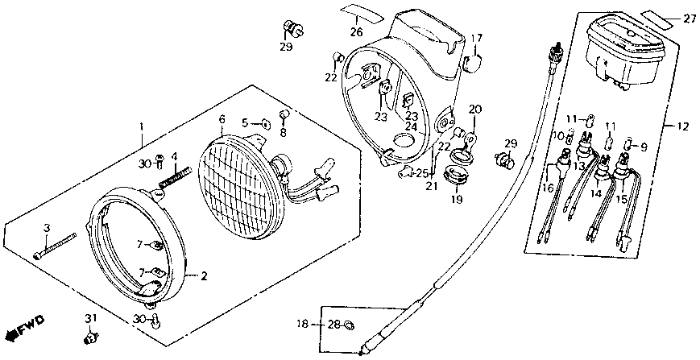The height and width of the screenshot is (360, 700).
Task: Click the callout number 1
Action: click(142, 127)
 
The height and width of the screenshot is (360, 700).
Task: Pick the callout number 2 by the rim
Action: click(205, 276)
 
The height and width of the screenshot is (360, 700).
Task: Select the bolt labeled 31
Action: click(90, 333)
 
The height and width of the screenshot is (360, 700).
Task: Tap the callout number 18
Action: click(302, 325)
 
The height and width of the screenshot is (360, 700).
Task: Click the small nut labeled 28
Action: click(349, 325)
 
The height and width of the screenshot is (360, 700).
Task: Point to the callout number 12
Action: click(684, 126)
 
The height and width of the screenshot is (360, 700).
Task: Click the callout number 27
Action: click(690, 19)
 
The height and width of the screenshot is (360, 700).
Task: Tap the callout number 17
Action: click(476, 38)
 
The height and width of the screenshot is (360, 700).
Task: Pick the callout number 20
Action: click(474, 109)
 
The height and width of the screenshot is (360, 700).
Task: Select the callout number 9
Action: click(643, 147)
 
